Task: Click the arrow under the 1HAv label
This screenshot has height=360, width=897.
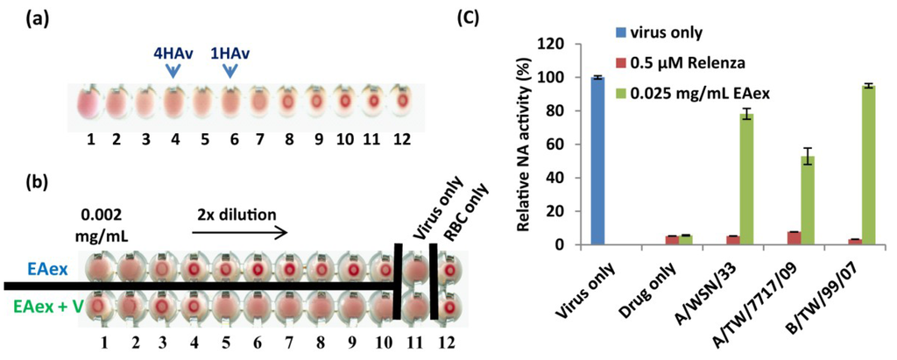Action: point(230,73)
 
